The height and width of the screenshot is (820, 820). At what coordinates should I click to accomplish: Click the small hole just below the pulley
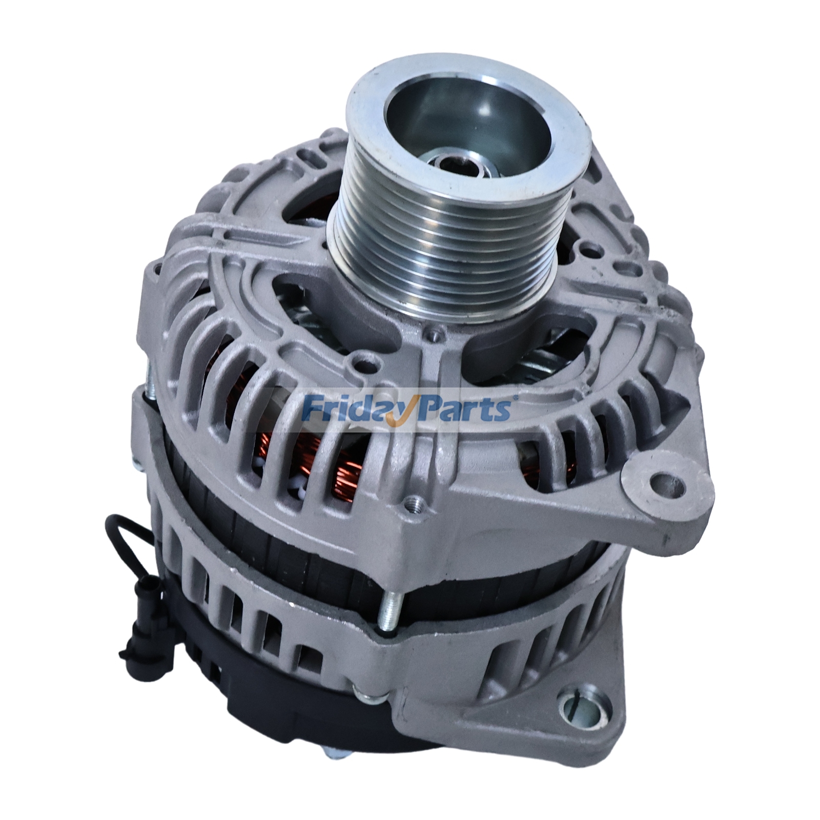pyautogui.click(x=435, y=335)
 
